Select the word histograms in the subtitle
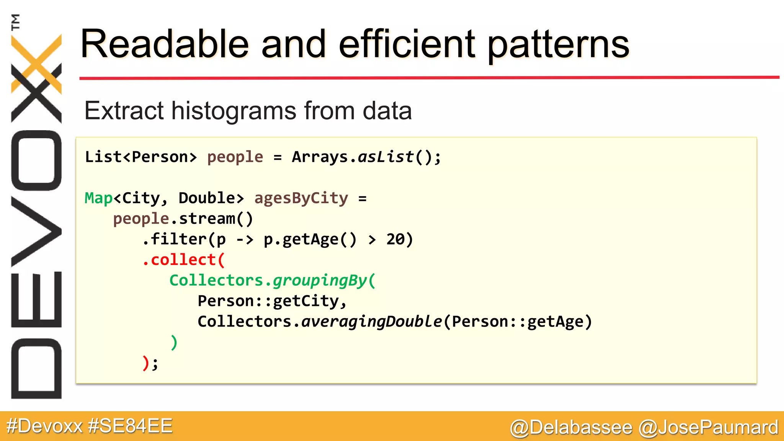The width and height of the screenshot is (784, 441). pyautogui.click(x=234, y=111)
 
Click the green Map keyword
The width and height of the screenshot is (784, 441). pyautogui.click(x=98, y=198)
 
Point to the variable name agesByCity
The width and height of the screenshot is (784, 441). pyautogui.click(x=301, y=198)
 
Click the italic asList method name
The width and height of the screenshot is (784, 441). pyautogui.click(x=385, y=157)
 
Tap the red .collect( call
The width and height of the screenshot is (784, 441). pyautogui.click(x=183, y=260)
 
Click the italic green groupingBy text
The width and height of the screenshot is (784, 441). pyautogui.click(x=320, y=281)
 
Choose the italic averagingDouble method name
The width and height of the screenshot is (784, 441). pyautogui.click(x=371, y=322)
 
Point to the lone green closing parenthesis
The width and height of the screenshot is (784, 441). pyautogui.click(x=174, y=342)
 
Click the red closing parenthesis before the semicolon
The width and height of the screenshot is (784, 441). pyautogui.click(x=145, y=363)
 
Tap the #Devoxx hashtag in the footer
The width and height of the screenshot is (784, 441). pyautogui.click(x=44, y=426)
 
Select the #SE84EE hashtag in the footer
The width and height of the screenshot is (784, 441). pyautogui.click(x=130, y=426)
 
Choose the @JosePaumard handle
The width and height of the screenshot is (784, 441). pyautogui.click(x=708, y=427)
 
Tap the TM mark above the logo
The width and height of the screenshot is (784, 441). pyautogui.click(x=15, y=22)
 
